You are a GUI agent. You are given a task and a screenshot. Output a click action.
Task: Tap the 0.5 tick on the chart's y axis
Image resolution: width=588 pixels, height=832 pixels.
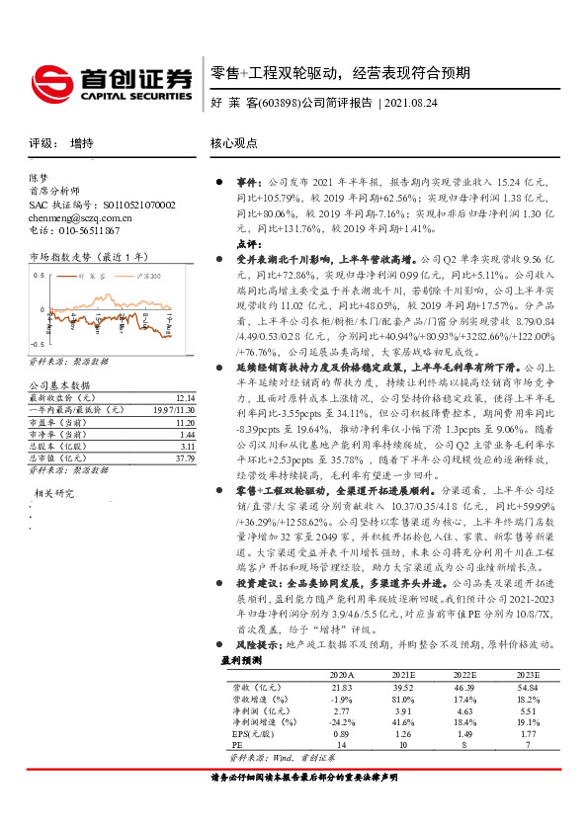click(x=39, y=271)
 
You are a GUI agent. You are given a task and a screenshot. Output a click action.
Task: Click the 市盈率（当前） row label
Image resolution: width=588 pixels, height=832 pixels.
click(x=57, y=420)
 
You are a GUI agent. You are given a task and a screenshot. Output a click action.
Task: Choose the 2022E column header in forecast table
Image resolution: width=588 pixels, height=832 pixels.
click(x=464, y=673)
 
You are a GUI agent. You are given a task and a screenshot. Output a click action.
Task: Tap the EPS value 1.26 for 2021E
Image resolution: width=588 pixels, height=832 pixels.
click(x=402, y=734)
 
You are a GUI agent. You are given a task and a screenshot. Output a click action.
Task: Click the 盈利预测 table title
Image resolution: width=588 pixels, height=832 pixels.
click(x=240, y=658)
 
